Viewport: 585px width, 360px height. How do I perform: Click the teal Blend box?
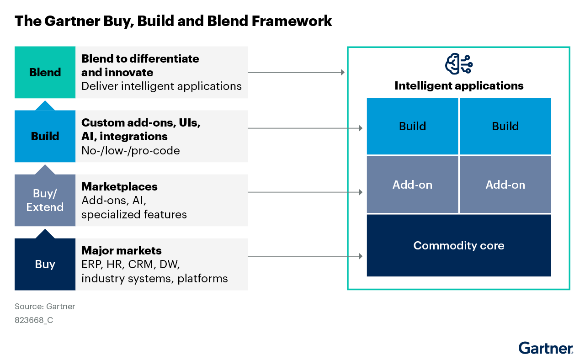click(x=45, y=72)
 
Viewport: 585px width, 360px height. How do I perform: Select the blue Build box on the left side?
click(x=45, y=136)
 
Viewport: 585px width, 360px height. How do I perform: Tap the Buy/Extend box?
click(x=45, y=200)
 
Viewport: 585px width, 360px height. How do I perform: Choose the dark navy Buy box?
click(x=45, y=264)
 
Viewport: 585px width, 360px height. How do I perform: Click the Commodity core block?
click(x=459, y=245)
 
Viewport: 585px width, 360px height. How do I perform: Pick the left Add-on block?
click(x=412, y=185)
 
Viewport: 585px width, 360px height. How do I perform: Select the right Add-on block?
click(x=505, y=185)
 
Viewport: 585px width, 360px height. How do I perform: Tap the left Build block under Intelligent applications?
click(x=412, y=126)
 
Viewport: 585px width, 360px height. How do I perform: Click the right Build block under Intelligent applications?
click(x=505, y=126)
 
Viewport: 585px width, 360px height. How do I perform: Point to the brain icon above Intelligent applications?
click(x=458, y=64)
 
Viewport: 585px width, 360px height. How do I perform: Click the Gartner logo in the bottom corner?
click(x=546, y=348)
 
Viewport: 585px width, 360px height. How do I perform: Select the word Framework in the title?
click(x=292, y=21)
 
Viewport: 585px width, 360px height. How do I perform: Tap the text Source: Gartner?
click(x=45, y=306)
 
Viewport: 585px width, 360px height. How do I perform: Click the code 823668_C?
click(x=34, y=320)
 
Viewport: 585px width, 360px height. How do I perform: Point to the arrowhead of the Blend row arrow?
click(x=343, y=72)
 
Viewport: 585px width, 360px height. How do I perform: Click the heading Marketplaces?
click(x=119, y=187)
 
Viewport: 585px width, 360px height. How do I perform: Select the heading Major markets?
click(x=122, y=251)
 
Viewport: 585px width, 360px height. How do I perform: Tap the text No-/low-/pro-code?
click(x=131, y=151)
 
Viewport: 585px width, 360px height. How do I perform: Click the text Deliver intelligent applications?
click(x=161, y=86)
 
